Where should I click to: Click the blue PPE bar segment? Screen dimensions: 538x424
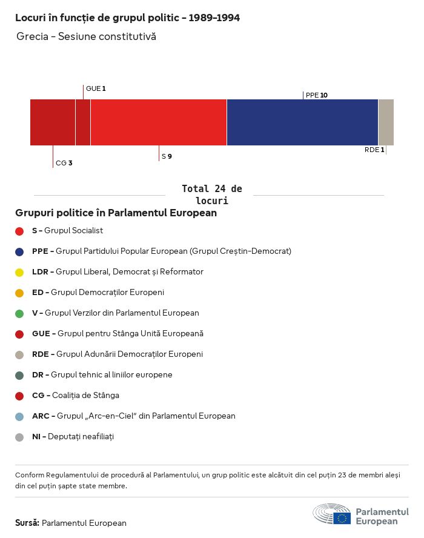click(x=302, y=122)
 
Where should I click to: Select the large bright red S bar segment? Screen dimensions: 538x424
click(x=159, y=122)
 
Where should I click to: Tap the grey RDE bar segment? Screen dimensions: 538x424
click(x=386, y=122)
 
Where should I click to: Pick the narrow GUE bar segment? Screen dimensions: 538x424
click(x=83, y=122)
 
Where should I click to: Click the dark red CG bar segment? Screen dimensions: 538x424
click(x=53, y=122)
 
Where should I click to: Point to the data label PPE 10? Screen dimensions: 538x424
click(x=317, y=95)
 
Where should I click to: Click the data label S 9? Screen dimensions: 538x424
click(x=167, y=156)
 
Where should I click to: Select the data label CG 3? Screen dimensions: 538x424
click(x=64, y=163)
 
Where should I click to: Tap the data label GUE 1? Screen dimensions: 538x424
click(x=96, y=88)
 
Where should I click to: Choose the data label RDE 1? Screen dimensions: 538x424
click(x=374, y=150)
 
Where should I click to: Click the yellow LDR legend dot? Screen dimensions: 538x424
click(x=19, y=272)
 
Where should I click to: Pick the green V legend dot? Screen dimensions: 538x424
click(x=19, y=313)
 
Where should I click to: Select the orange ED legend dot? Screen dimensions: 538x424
click(x=19, y=293)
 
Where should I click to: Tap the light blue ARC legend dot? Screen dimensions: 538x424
click(x=19, y=416)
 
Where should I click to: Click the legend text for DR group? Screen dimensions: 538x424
click(x=102, y=375)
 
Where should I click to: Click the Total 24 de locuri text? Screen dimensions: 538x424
click(x=211, y=194)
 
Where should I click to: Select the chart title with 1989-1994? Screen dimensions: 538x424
click(x=127, y=18)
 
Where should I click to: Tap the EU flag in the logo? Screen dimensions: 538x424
click(x=342, y=518)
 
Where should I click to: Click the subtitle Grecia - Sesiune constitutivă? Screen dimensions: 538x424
click(x=86, y=37)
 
